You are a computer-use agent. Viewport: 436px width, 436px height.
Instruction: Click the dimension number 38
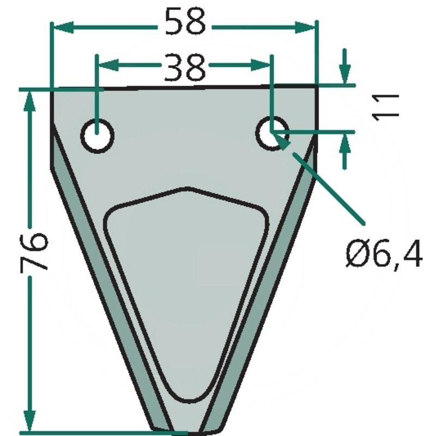click(x=184, y=66)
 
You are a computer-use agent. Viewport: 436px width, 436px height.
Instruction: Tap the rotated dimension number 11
click(x=386, y=106)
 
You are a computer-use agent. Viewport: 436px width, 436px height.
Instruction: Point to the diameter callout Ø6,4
click(x=384, y=254)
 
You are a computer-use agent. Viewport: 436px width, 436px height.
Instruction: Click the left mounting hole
click(x=97, y=135)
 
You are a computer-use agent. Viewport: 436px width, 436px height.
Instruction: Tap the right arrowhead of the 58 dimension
click(x=308, y=26)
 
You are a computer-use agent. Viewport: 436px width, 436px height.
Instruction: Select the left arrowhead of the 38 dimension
click(x=105, y=66)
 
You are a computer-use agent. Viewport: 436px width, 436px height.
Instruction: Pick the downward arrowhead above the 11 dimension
click(x=344, y=74)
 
